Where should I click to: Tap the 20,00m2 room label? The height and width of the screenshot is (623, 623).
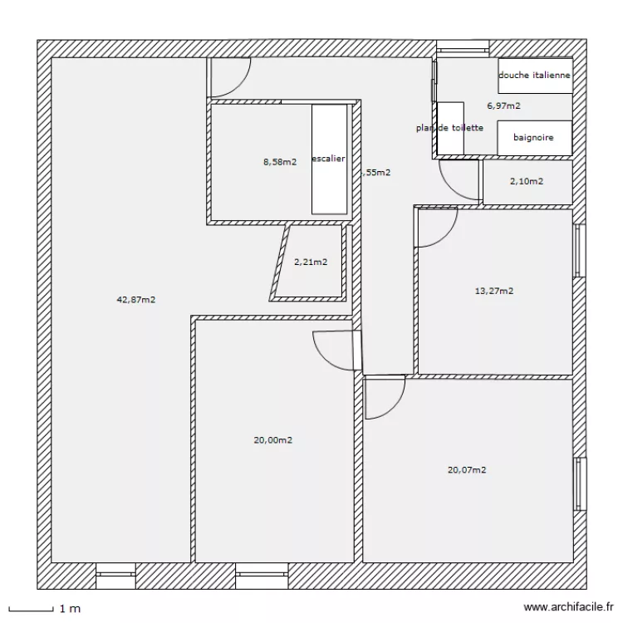tap(273, 440)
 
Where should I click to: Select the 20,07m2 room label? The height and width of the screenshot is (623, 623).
tap(467, 469)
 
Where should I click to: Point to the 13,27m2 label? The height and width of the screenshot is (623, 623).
tap(493, 291)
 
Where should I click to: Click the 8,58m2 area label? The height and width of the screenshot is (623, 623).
tap(280, 162)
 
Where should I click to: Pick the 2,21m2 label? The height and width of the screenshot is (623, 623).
tap(311, 262)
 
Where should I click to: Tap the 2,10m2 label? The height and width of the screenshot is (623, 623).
tap(527, 181)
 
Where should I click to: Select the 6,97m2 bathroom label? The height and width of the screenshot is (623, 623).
tap(504, 105)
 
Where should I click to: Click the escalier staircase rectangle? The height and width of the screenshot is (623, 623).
tap(329, 158)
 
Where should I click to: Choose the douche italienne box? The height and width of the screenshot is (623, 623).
tap(535, 75)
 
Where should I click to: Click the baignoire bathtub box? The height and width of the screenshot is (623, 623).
tap(534, 137)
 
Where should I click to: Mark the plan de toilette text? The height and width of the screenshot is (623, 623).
tap(449, 128)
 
